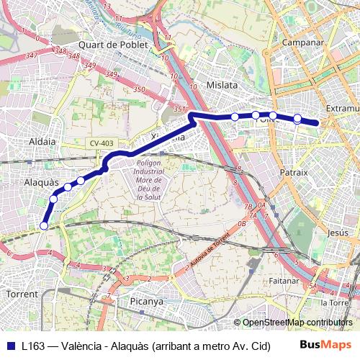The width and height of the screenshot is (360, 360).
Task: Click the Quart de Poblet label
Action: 114,45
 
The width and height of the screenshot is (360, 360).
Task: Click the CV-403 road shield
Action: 102,144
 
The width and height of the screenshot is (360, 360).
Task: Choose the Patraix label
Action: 293,173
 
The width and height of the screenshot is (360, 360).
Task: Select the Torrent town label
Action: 22,294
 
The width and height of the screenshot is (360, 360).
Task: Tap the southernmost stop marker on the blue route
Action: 44,225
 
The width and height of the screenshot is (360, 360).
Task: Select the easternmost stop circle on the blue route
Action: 297,118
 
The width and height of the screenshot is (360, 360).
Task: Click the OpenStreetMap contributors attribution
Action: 297,322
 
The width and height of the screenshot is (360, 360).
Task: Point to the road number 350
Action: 138,90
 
